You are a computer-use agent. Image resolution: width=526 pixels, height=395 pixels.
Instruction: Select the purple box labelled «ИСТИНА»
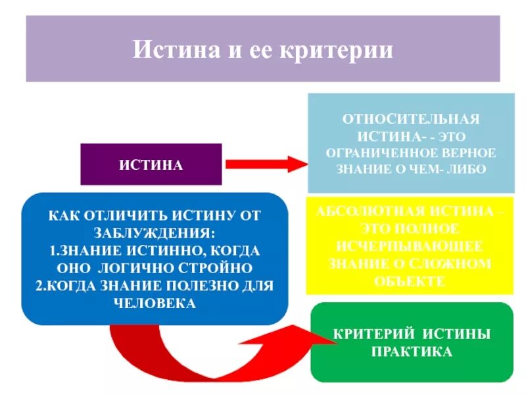(x=151, y=164)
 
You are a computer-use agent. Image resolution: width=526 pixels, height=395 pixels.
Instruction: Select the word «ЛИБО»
(x=468, y=169)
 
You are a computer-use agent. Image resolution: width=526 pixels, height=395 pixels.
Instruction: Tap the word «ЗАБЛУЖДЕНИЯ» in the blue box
(x=155, y=232)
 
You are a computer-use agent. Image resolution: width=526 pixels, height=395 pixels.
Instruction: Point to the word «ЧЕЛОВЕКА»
(x=155, y=303)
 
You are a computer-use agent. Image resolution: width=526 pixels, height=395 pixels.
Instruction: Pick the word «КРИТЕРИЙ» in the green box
(x=372, y=334)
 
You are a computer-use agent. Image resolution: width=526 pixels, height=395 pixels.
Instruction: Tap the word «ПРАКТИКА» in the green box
(x=412, y=352)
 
